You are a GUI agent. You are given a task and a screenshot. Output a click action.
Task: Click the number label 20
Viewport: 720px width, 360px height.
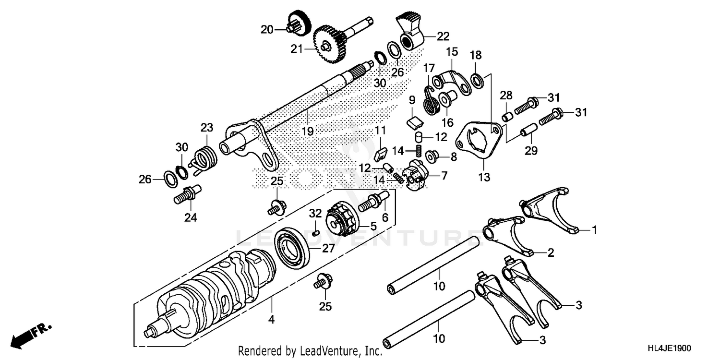point(267,30)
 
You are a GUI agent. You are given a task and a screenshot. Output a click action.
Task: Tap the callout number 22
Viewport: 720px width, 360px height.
point(443,36)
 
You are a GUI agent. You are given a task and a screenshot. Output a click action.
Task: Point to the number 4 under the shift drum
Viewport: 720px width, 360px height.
point(272,319)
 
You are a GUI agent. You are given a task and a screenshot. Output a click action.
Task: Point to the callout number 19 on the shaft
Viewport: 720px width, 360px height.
point(307,131)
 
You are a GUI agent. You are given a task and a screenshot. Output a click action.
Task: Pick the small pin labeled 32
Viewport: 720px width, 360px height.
point(315,232)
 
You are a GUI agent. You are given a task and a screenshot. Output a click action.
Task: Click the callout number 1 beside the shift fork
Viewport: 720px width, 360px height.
point(594,231)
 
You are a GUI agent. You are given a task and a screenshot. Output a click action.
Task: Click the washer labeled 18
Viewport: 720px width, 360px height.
point(478,80)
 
